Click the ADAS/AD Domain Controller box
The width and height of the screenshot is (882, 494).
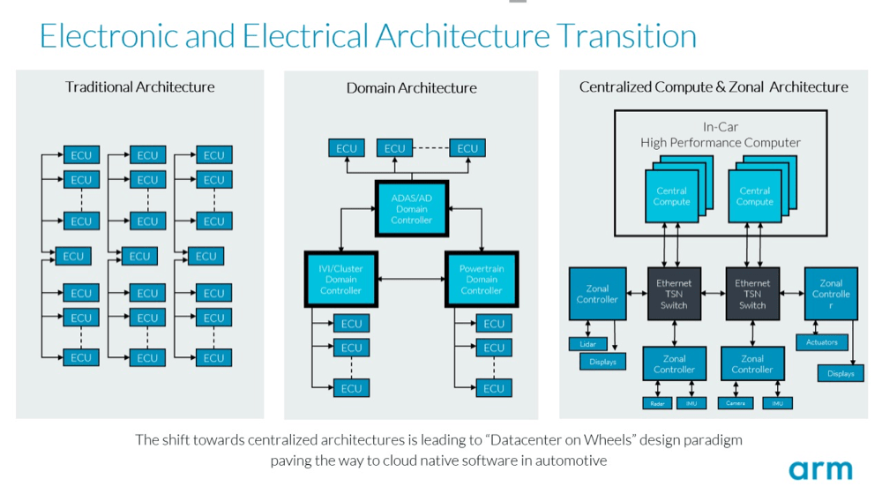[x=412, y=209]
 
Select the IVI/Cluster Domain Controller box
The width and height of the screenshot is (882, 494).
[x=340, y=279]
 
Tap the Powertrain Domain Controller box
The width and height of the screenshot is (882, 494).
[x=482, y=279]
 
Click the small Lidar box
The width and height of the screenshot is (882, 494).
[x=587, y=344]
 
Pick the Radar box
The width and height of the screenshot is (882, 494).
[x=656, y=403]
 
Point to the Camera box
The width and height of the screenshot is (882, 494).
[x=736, y=403]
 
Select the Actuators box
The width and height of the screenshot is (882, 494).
[x=822, y=342]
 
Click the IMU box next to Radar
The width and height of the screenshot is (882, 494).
[x=691, y=403]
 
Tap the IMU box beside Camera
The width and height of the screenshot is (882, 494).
[x=777, y=403]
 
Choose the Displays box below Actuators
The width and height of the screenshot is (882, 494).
[x=841, y=374]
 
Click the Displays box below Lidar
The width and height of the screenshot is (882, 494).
[x=603, y=362]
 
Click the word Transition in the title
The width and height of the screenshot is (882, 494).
[x=625, y=36]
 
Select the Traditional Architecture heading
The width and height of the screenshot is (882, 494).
[x=139, y=86]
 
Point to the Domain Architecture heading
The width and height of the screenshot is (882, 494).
[x=411, y=88]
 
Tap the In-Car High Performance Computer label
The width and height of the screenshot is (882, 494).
[x=721, y=135]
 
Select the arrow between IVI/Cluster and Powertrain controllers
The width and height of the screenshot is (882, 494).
[x=411, y=279]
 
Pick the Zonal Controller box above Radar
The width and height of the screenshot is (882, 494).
[x=675, y=364]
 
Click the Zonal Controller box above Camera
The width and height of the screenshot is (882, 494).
[x=752, y=364]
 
